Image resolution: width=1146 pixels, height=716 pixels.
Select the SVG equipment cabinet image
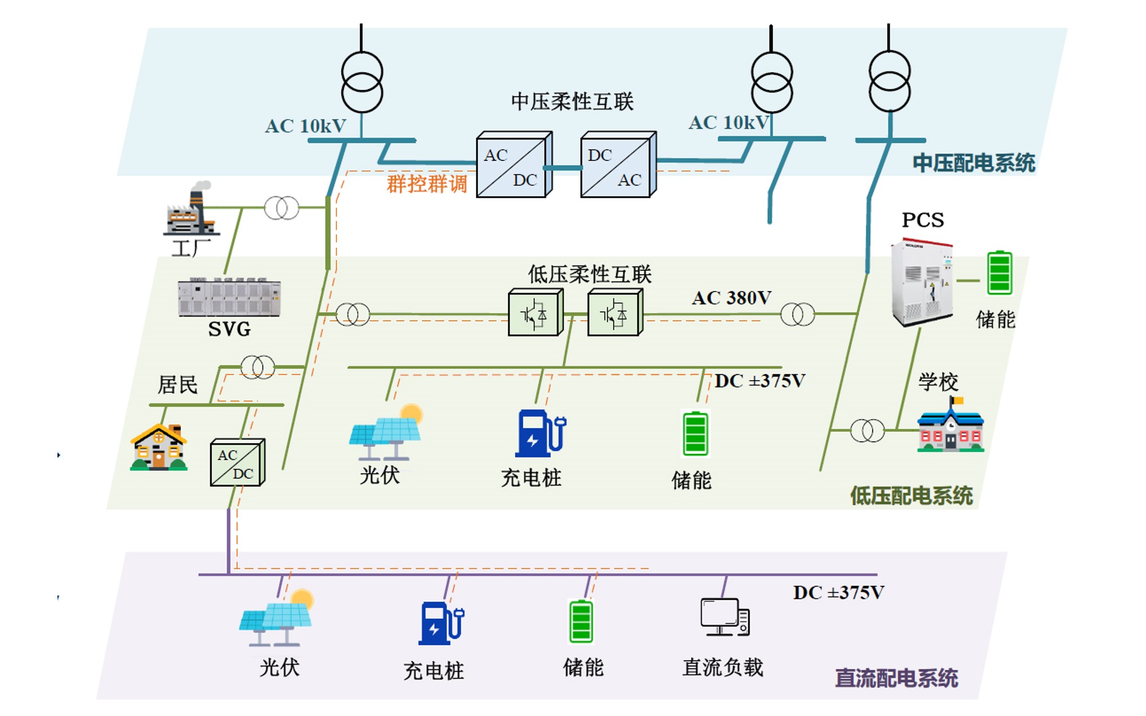pyautogui.click(x=229, y=297)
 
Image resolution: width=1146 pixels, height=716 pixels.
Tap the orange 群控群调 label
pyautogui.click(x=427, y=184)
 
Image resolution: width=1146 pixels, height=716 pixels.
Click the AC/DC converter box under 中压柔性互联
pyautogui.click(x=513, y=165)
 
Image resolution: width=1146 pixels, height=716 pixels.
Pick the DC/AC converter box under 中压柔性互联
pyautogui.click(x=618, y=165)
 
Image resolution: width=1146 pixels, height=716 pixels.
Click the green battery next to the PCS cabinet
pyautogui.click(x=1000, y=273)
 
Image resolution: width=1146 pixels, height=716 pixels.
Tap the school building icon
pyautogui.click(x=950, y=427)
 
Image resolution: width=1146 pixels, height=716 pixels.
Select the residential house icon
pyautogui.click(x=159, y=447)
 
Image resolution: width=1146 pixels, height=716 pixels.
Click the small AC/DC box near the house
pyautogui.click(x=237, y=463)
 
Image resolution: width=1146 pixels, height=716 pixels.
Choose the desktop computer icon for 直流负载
pyautogui.click(x=725, y=617)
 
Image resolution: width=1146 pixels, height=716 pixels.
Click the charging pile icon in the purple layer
pyautogui.click(x=441, y=624)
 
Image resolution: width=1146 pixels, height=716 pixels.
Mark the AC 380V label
pyautogui.click(x=731, y=298)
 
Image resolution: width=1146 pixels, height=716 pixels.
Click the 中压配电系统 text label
pyautogui.click(x=973, y=163)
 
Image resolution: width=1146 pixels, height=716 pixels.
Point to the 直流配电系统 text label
pyautogui.click(x=896, y=678)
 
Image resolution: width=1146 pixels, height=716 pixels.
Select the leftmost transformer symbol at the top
pyautogui.click(x=362, y=82)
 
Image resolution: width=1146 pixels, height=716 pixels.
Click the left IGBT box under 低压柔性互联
pyautogui.click(x=534, y=313)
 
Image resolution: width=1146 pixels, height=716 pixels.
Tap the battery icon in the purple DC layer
pyautogui.click(x=581, y=621)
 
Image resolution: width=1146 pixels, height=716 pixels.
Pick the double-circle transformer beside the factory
pyautogui.click(x=281, y=208)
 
